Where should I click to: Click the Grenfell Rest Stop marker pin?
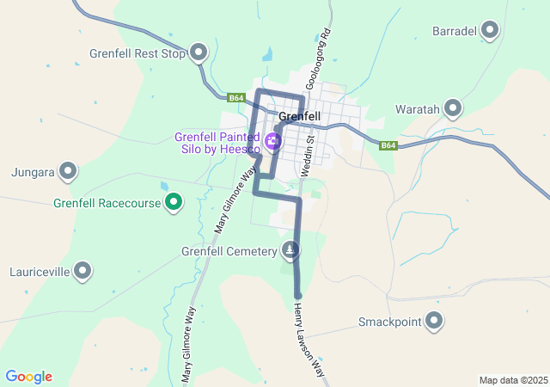click(x=199, y=53)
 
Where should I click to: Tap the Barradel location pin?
click(x=490, y=30)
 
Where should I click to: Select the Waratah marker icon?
click(x=453, y=108)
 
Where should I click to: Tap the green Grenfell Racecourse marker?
click(x=174, y=203)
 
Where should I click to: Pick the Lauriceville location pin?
click(x=82, y=271)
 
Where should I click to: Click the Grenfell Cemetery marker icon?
click(x=291, y=250)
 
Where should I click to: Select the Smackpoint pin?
click(x=434, y=322)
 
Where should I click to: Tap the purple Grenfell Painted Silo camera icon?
click(x=273, y=141)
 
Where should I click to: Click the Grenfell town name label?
click(x=300, y=116)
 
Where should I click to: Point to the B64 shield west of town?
click(x=237, y=98)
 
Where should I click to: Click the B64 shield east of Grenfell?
click(x=388, y=145)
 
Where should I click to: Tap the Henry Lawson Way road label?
click(x=309, y=341)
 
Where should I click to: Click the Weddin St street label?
click(x=308, y=151)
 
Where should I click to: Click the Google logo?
click(x=28, y=377)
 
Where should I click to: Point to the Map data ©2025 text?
click(x=513, y=380)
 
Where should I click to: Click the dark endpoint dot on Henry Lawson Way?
click(x=297, y=297)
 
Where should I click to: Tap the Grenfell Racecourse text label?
click(x=107, y=204)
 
